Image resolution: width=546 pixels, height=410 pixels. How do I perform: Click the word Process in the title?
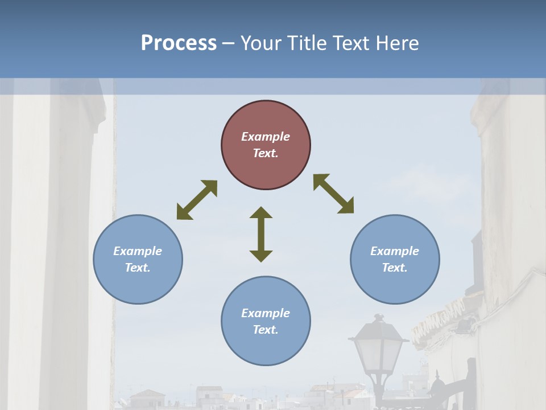click(x=179, y=43)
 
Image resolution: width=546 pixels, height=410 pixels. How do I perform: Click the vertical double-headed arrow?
click(x=261, y=234)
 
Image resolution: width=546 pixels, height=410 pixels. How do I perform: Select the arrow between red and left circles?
click(x=197, y=200)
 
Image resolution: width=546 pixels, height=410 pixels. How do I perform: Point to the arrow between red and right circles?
click(x=333, y=194)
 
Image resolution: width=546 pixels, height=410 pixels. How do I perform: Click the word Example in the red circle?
click(x=266, y=137)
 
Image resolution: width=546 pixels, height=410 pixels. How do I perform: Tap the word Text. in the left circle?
click(x=138, y=268)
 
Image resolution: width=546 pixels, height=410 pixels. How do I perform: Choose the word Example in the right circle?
click(x=395, y=251)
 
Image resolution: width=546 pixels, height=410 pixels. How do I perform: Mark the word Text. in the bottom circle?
click(x=266, y=330)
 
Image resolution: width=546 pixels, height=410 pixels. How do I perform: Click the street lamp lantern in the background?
click(x=378, y=347)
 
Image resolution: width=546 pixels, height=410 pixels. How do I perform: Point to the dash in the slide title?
click(x=228, y=43)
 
